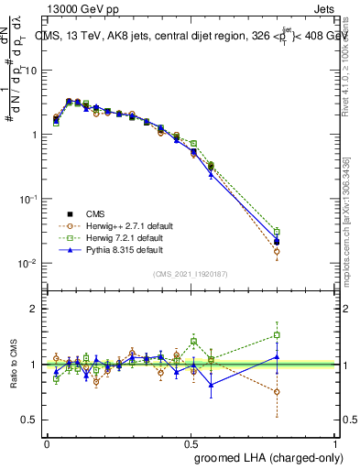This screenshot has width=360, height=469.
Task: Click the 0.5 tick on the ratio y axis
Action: [34, 420]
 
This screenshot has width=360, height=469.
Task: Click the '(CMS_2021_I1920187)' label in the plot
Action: [191, 274]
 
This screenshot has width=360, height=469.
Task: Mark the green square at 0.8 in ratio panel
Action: [278, 335]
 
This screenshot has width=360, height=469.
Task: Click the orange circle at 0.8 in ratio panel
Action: [278, 391]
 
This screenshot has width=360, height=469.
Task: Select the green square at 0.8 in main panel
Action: [278, 232]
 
